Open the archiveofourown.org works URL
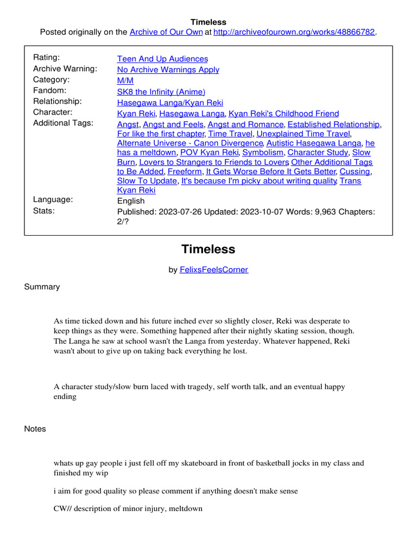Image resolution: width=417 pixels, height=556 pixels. pyautogui.click(x=294, y=32)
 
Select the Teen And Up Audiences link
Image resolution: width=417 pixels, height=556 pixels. pyautogui.click(x=162, y=59)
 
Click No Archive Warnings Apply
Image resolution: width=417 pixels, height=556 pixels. pyautogui.click(x=168, y=69)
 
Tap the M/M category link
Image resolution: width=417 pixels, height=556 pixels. pyautogui.click(x=125, y=80)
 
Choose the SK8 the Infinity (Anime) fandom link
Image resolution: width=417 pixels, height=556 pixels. pyautogui.click(x=161, y=92)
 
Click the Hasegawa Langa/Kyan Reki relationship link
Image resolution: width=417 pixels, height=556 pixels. pyautogui.click(x=170, y=103)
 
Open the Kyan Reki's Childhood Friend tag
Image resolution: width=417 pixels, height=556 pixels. pyautogui.click(x=283, y=113)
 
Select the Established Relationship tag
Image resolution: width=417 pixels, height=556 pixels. pyautogui.click(x=333, y=124)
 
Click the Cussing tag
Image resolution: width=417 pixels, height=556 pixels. pyautogui.click(x=355, y=172)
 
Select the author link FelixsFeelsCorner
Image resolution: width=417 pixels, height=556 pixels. pyautogui.click(x=214, y=269)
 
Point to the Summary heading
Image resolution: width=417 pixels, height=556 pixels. pyautogui.click(x=42, y=287)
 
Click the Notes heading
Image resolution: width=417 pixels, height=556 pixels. pyautogui.click(x=35, y=429)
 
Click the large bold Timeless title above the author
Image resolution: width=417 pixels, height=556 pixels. pyautogui.click(x=208, y=249)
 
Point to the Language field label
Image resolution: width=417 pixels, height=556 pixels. pyautogui.click(x=53, y=199)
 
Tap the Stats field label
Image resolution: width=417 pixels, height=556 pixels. pyautogui.click(x=44, y=210)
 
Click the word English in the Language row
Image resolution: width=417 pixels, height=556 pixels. pyautogui.click(x=131, y=200)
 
